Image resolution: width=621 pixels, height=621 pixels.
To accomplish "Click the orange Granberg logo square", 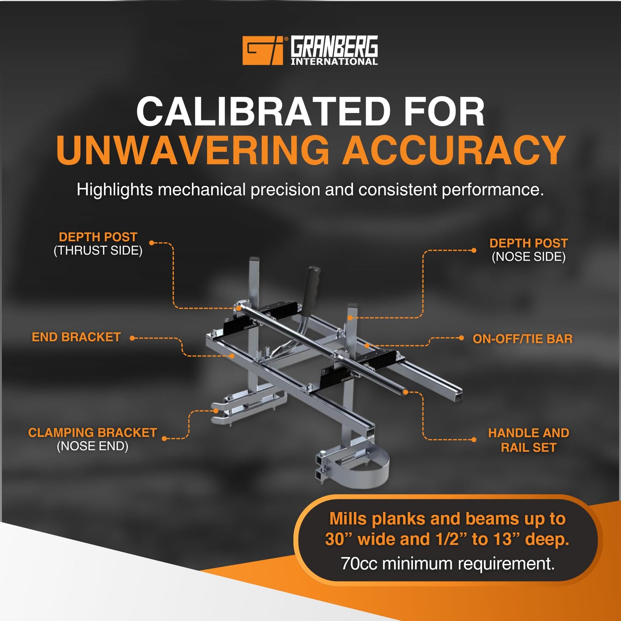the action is point(263,50).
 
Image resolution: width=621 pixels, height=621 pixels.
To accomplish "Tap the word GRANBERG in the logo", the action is point(334,46).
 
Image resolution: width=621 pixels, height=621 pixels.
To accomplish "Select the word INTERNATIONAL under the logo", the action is point(334,61).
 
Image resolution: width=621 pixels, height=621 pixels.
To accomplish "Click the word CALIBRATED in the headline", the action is point(263,111).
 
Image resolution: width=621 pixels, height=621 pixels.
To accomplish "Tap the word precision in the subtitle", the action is point(285,190).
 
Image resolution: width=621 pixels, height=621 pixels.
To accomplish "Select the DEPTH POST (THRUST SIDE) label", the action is point(98,244).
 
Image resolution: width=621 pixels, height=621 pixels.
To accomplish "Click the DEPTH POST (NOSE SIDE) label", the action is point(529,250).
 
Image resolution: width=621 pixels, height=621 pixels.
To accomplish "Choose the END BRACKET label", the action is point(76,337).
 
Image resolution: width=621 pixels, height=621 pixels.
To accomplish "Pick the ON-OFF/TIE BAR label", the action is point(523,339).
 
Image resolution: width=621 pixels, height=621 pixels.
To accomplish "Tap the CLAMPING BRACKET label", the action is point(92,439).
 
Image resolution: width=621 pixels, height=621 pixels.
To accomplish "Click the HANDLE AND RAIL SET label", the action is point(529,440).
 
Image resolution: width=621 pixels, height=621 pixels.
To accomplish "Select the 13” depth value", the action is point(506,539).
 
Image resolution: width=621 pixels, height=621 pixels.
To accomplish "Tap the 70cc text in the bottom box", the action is point(359,564).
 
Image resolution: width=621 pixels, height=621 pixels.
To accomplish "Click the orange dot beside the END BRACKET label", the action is point(132,338).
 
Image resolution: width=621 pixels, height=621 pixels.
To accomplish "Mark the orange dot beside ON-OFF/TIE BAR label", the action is point(462,338).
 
